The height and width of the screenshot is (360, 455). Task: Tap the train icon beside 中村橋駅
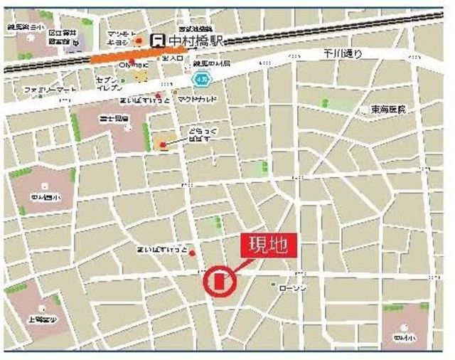coord(161,41)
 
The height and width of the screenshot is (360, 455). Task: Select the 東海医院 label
coord(388,110)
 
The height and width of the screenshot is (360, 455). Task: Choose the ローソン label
coord(292,287)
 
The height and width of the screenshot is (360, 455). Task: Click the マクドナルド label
coord(198,100)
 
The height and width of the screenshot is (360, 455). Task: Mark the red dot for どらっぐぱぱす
coord(163,145)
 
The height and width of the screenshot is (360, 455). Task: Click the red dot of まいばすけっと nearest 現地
coord(192,253)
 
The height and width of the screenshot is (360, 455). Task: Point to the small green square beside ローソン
coord(273,285)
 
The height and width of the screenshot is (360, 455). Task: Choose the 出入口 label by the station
coord(172,58)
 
